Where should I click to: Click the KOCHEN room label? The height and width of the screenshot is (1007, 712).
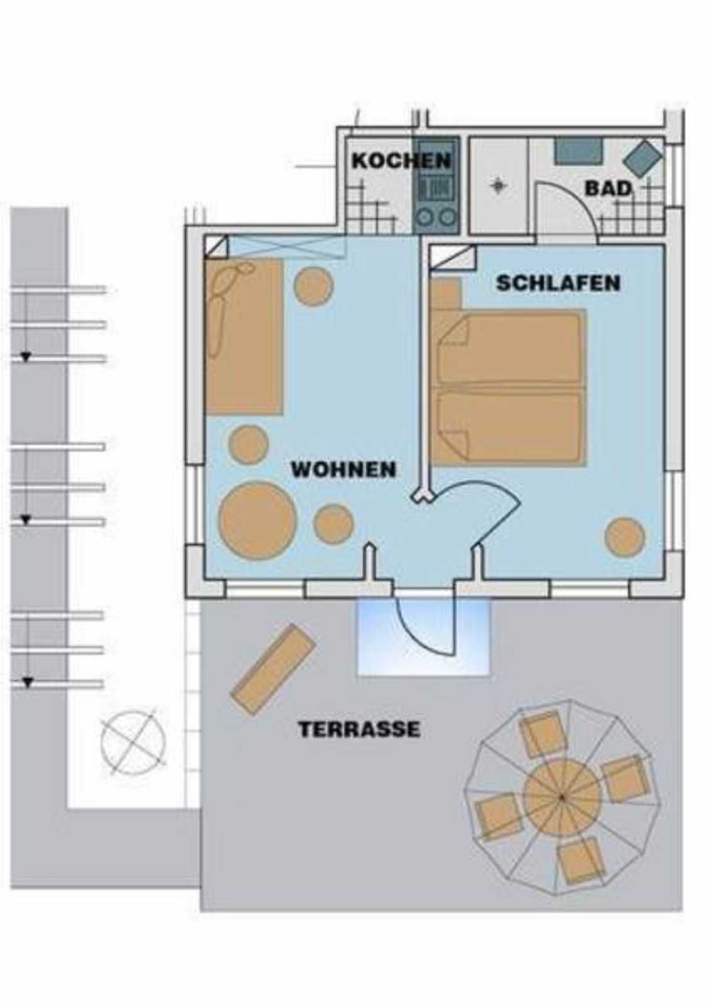[x=401, y=160]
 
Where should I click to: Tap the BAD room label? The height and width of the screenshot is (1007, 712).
[x=608, y=189]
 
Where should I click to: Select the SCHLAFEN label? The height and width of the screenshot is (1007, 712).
[x=558, y=283]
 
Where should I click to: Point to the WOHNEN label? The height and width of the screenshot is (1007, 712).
[x=344, y=470]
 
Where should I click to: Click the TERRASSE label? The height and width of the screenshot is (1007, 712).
[x=359, y=729]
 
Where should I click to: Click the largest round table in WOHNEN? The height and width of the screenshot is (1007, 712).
[x=257, y=520]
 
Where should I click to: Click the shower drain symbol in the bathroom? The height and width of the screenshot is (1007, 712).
[x=498, y=185]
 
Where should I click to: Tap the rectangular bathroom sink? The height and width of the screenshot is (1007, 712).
[x=579, y=151]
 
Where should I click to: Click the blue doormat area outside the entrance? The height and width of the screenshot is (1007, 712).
[x=423, y=638]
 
